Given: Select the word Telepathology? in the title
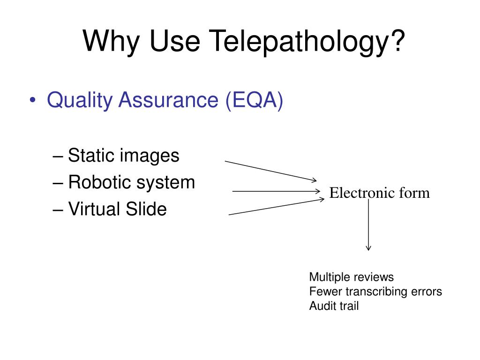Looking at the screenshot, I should (x=307, y=41).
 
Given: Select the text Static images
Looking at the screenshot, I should (x=123, y=155).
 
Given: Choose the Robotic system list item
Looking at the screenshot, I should (x=131, y=182).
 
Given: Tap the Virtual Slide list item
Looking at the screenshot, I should (x=117, y=209).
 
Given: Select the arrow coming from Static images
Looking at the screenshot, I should (x=271, y=171).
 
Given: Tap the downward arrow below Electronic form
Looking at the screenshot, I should (x=368, y=225).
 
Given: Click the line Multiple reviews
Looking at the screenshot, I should (x=352, y=277).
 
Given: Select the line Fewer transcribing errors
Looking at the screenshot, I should (x=375, y=292).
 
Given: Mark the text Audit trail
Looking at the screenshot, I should (x=334, y=307).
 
